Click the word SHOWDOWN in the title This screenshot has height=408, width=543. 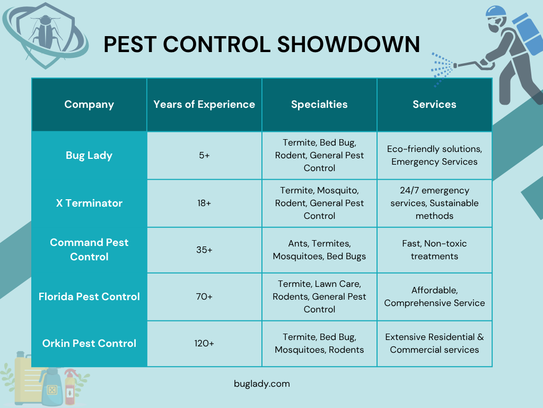(348, 45)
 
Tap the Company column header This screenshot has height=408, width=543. (89, 105)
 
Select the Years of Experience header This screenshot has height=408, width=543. (204, 105)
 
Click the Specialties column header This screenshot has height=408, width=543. (319, 105)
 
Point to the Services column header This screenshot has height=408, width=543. (434, 105)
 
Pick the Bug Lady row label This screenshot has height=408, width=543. (89, 156)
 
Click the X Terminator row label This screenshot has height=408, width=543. (89, 203)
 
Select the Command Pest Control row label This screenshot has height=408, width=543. (89, 250)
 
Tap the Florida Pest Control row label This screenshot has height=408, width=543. (89, 296)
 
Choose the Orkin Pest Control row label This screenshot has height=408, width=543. (89, 343)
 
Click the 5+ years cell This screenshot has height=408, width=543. (204, 156)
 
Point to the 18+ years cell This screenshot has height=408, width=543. (204, 203)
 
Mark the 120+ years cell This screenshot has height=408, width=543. (204, 343)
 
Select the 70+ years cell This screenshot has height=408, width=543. (204, 296)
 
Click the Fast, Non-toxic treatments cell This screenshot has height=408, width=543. (434, 250)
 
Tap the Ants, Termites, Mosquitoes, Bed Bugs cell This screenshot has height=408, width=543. (319, 250)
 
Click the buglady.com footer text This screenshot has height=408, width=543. (262, 384)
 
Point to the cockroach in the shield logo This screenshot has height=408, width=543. (46, 31)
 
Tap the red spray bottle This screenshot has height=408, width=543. (70, 387)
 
